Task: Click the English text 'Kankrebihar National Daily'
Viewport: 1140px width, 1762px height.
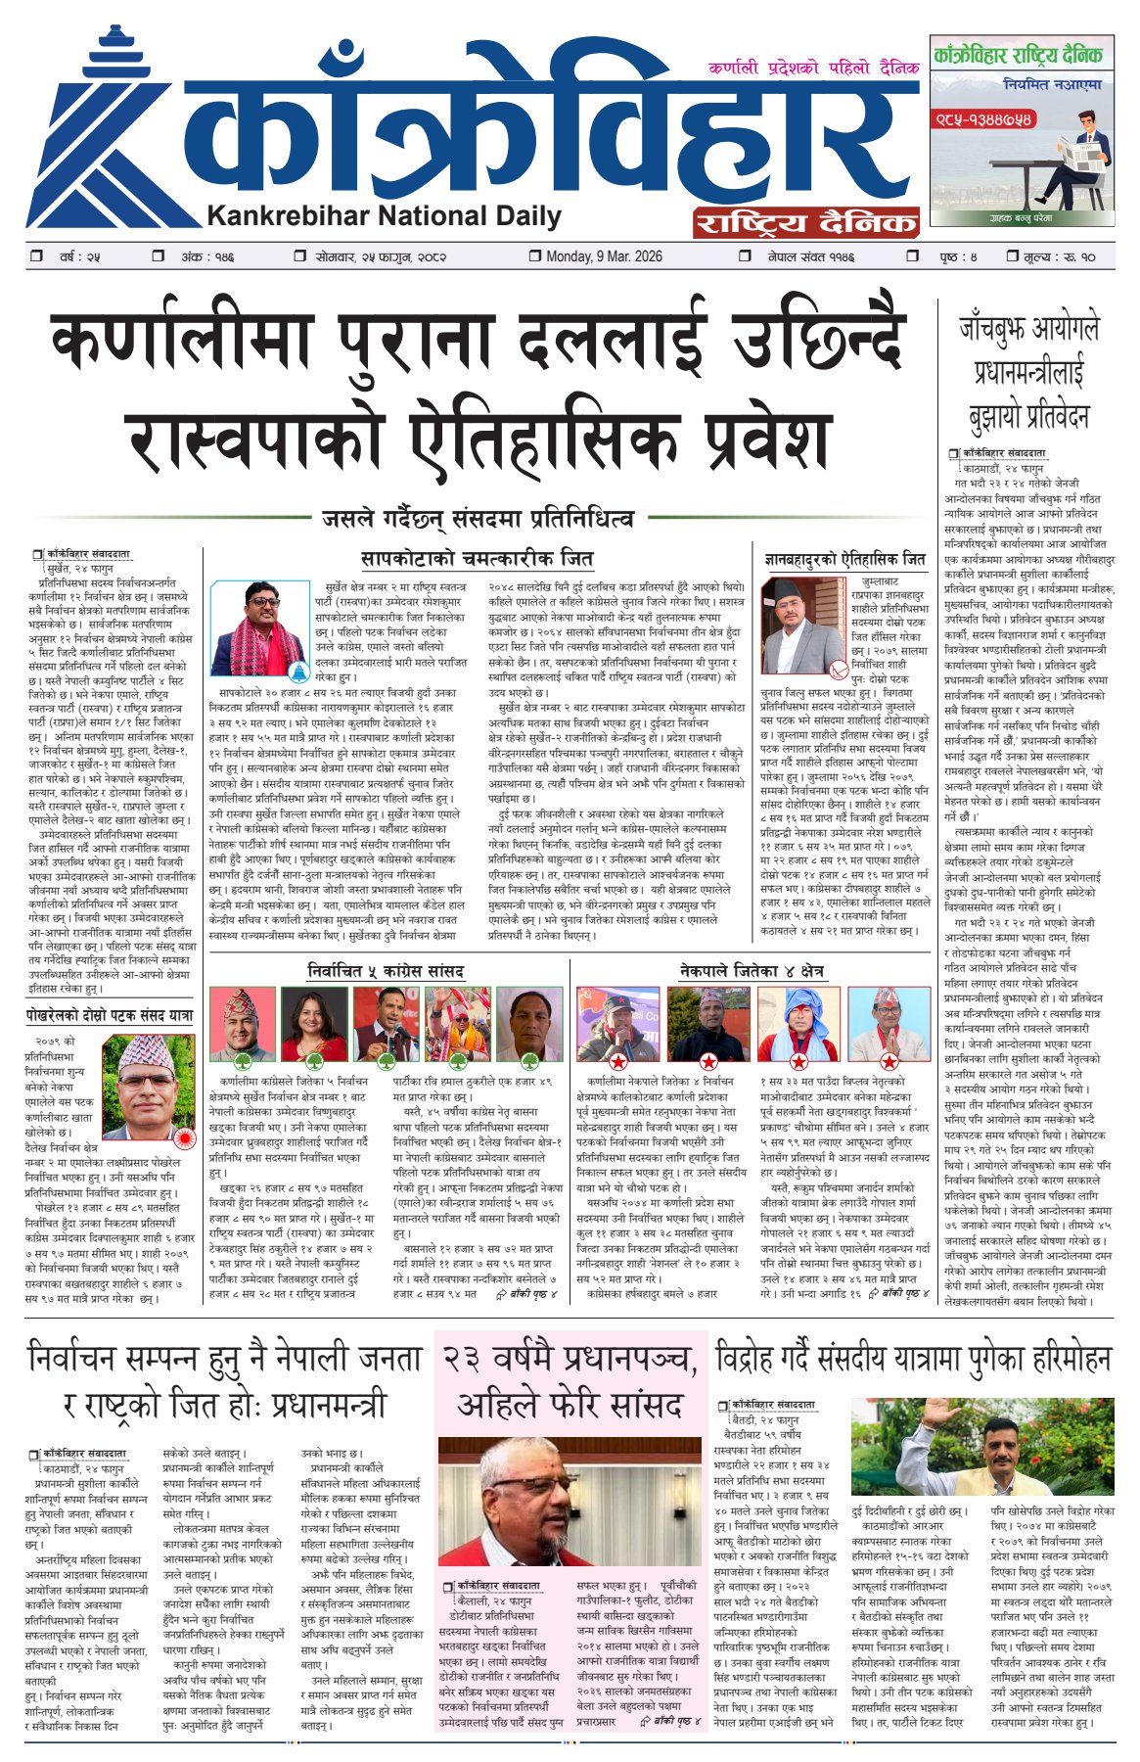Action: point(384,216)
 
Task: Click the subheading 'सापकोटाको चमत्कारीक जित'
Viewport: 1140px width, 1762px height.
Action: point(477,560)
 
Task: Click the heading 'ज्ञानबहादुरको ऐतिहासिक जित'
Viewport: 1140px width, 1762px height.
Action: point(844,560)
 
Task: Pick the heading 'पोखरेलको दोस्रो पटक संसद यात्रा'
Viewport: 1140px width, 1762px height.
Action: point(111,1018)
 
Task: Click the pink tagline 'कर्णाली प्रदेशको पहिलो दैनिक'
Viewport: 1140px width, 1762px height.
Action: point(813,69)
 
